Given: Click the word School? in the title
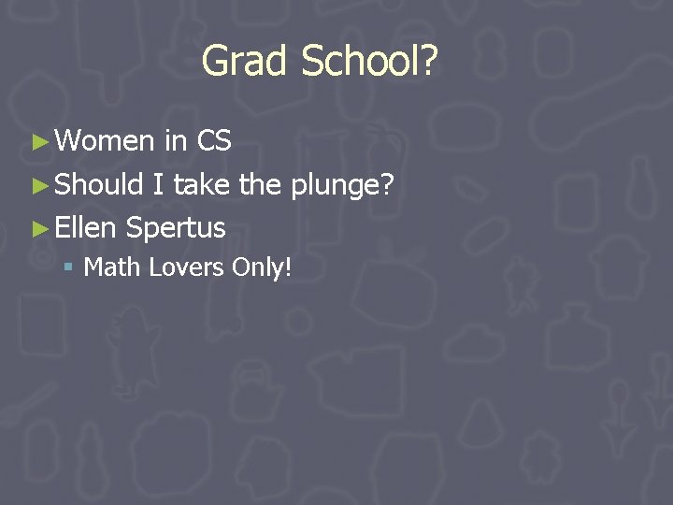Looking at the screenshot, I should coord(369,62).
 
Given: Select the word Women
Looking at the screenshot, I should coord(105,141).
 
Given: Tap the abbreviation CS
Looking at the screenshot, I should coord(214,141).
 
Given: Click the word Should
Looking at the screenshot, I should coord(98,184).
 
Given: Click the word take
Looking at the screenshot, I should coord(201,184).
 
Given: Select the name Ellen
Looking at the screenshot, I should coord(86,227).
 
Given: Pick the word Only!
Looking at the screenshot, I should coord(263,269).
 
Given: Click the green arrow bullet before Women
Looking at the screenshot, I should coord(38,142).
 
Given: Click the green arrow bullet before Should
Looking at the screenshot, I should coord(38,185).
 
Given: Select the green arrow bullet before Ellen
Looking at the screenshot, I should coord(38,228).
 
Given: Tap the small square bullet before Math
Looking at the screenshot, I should coord(68,268).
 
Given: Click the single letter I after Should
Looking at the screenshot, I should coord(158,184).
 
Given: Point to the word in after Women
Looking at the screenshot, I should coord(175,141).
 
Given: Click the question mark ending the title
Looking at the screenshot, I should coord(429,62).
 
